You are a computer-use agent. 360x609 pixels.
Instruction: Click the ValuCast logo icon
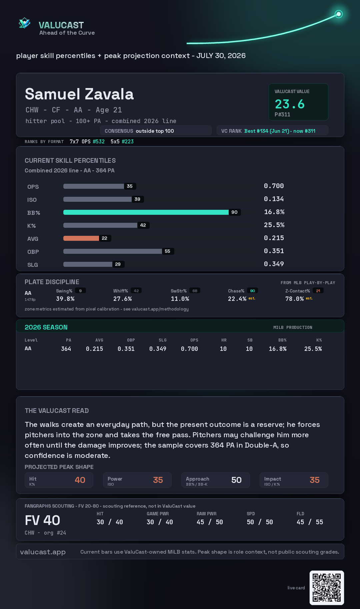(x=24, y=23)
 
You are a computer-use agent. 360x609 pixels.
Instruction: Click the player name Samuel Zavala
(x=79, y=94)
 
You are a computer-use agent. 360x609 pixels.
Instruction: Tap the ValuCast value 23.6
(x=290, y=104)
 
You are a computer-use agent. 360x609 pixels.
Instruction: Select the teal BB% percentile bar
(x=146, y=212)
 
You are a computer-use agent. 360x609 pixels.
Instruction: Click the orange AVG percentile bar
(x=81, y=238)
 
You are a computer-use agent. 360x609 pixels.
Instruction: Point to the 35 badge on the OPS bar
(x=130, y=186)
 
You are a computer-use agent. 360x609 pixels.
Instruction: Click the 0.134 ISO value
(x=274, y=199)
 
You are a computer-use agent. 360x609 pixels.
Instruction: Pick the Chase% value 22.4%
(x=237, y=299)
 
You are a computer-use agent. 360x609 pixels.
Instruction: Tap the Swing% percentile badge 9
(x=80, y=291)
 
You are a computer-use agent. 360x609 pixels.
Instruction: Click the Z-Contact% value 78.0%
(x=294, y=299)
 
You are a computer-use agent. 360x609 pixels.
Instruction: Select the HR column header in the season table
(x=224, y=340)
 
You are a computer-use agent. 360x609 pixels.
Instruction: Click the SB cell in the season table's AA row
(x=249, y=349)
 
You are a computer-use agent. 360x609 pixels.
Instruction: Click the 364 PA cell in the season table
(x=66, y=349)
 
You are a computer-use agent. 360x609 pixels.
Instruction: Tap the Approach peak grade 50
(x=236, y=480)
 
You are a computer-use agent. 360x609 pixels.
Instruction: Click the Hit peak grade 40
(x=80, y=480)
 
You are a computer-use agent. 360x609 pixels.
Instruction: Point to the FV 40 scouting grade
(x=42, y=520)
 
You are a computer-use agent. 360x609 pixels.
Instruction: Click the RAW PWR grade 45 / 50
(x=210, y=522)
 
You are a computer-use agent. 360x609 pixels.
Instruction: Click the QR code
(x=327, y=588)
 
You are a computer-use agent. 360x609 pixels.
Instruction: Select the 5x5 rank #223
(x=128, y=141)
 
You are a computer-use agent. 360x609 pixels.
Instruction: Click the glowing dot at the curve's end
(x=339, y=14)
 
